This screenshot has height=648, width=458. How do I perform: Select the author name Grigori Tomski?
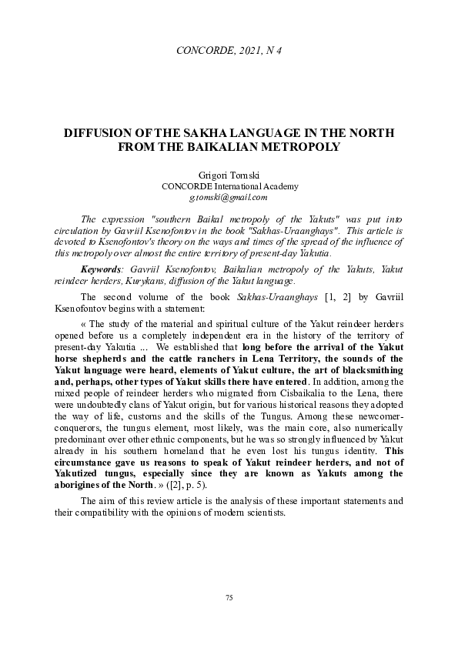229,175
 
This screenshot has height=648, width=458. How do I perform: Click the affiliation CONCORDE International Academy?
229,186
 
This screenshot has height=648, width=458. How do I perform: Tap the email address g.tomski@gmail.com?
229,197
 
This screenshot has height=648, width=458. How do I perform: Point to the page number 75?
229,598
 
